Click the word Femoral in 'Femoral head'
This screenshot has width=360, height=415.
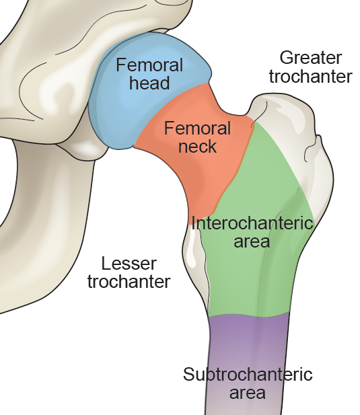pos(149,65)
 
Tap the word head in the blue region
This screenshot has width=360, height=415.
pos(149,82)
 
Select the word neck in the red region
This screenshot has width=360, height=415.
pos(197,146)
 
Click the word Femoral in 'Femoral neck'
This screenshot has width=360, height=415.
pos(197,128)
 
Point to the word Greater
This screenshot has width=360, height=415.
pos(311,59)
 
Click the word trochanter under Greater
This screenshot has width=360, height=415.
pos(311,76)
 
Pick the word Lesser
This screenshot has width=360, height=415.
pos(129,264)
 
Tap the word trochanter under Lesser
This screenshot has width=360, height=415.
pos(129,281)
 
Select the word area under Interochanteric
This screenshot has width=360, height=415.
pos(252,241)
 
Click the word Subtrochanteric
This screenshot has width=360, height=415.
pos(248,374)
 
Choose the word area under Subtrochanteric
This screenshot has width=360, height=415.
pos(248,393)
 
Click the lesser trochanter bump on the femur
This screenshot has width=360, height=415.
pos(194,254)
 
